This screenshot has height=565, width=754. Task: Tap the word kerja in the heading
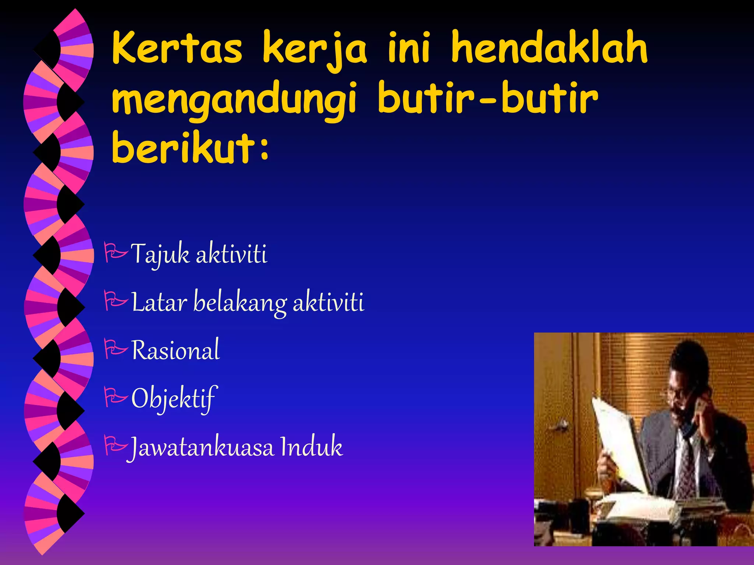tap(315, 50)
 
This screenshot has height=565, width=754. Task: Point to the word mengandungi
tap(234, 100)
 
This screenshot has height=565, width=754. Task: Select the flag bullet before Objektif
tap(116, 397)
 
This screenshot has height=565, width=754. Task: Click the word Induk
tap(311, 447)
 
